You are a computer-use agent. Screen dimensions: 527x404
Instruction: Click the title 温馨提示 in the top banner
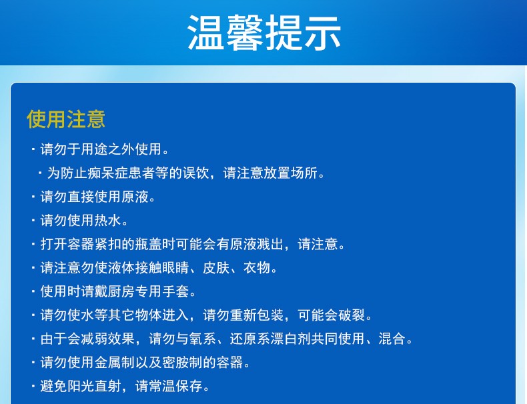(x=264, y=33)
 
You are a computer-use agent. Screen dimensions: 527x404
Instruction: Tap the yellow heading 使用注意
(x=66, y=119)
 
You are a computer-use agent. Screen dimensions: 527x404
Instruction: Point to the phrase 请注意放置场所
(x=270, y=173)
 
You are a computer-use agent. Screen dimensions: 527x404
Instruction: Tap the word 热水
(x=107, y=221)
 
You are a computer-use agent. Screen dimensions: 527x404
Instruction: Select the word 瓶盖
(x=148, y=244)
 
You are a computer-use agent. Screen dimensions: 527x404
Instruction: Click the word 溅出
(x=270, y=244)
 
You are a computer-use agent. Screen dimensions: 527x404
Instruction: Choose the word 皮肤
(x=215, y=268)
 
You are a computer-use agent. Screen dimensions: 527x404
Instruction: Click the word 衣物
(x=256, y=268)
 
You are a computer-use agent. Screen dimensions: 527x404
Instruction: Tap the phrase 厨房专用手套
(x=148, y=291)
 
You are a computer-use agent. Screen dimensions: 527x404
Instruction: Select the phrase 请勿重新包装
(x=243, y=315)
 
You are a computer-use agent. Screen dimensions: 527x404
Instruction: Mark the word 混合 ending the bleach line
(x=392, y=339)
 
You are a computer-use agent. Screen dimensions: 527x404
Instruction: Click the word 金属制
(x=114, y=363)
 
